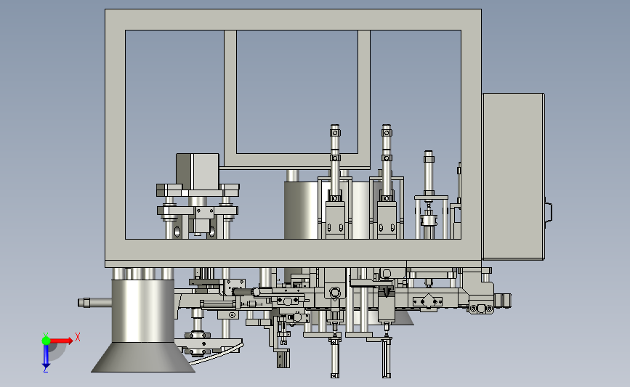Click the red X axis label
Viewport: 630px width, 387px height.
pos(78,337)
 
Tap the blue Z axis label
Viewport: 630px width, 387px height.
pos(45,370)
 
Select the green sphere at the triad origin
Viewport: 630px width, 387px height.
pos(46,341)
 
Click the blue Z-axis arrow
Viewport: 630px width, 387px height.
pos(46,356)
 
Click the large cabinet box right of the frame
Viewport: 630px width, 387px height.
pos(513,176)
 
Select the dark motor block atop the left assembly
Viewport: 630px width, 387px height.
pos(198,171)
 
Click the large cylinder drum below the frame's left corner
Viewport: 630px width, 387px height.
pos(142,311)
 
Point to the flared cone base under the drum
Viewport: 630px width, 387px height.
pos(143,357)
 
